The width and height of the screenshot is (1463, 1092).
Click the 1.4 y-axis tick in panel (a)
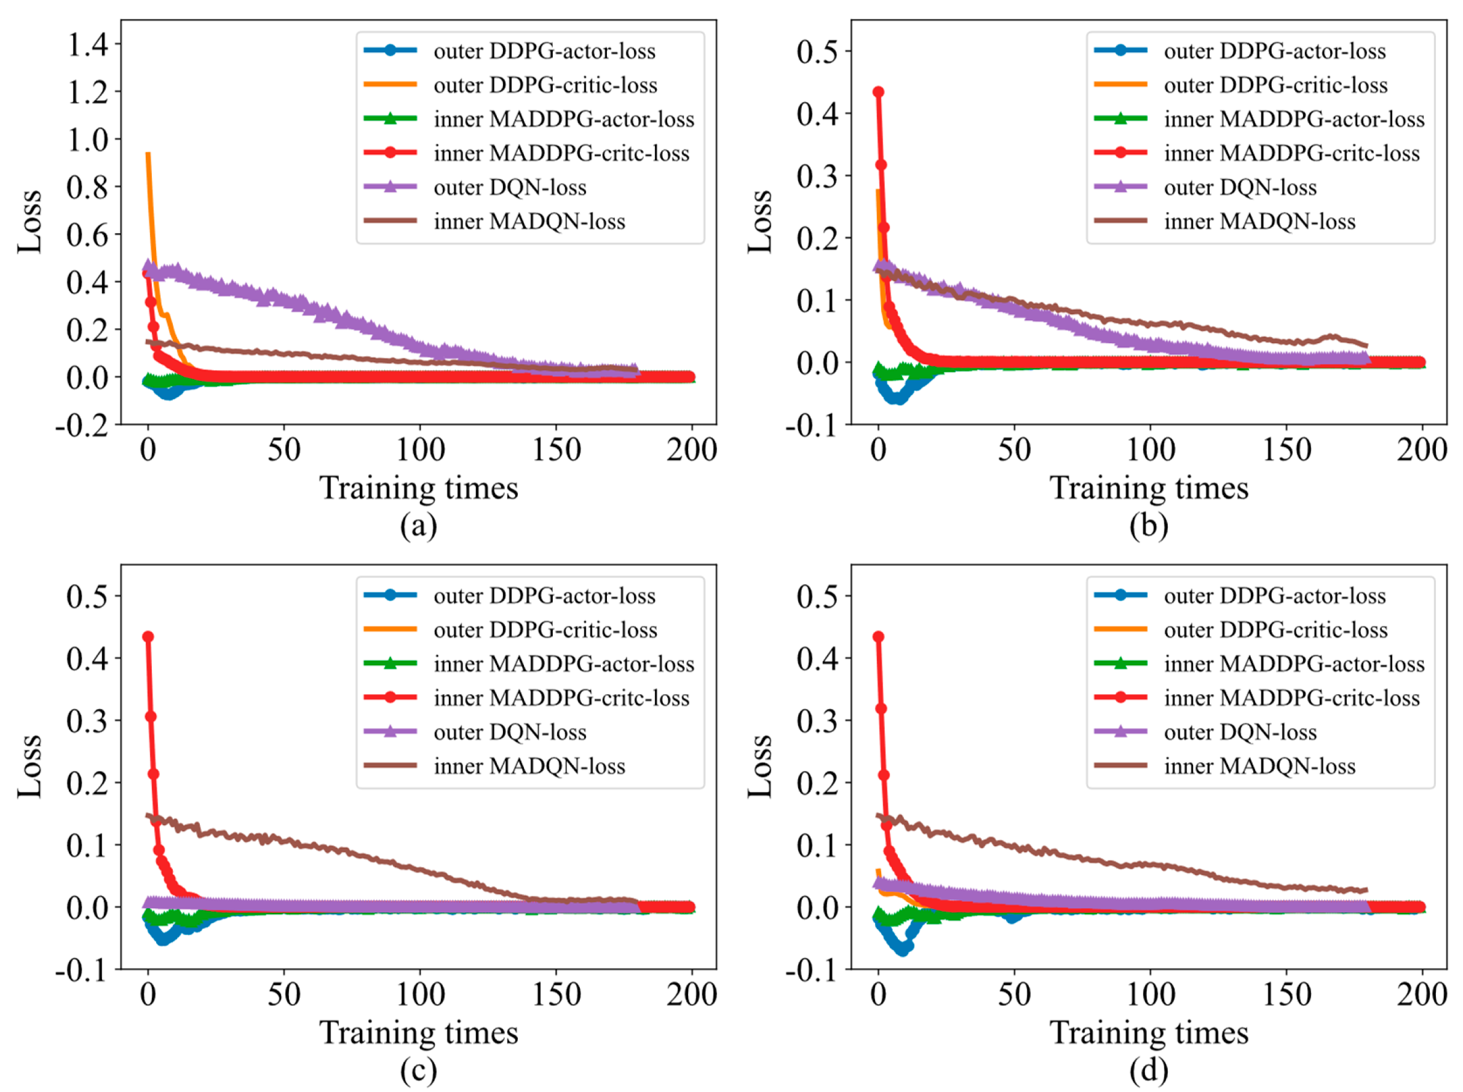(x=88, y=45)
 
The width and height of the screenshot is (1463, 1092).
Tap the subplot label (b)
(x=1148, y=526)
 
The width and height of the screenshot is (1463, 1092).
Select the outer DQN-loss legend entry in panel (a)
(x=509, y=188)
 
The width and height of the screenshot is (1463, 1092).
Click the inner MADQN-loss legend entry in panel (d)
(x=1259, y=766)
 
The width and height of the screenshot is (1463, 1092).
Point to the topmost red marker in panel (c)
(x=148, y=636)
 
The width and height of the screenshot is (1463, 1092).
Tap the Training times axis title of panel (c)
(x=418, y=1032)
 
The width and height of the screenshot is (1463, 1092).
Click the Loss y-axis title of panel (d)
(x=759, y=766)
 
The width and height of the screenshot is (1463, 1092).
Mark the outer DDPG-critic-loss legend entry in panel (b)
(x=1275, y=85)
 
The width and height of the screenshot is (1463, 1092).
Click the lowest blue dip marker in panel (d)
(x=902, y=950)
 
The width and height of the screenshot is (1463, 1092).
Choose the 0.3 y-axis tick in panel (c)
(x=87, y=721)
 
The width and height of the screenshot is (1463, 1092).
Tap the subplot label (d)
(x=1148, y=1070)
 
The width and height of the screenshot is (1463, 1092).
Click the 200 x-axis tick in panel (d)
(x=1422, y=995)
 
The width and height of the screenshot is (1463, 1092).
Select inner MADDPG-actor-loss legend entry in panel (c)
(x=563, y=663)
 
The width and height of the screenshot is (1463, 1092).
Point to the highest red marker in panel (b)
(x=878, y=92)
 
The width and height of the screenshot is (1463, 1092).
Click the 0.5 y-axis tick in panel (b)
(x=817, y=52)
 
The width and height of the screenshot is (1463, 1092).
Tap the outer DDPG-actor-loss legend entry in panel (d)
(x=1274, y=596)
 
